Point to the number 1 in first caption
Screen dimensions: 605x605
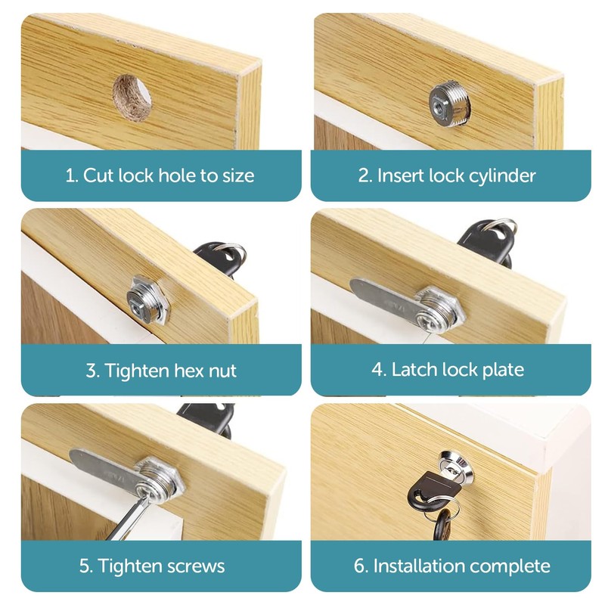tap(70, 176)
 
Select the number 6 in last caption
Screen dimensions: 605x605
tap(360, 566)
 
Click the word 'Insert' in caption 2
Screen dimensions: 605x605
tap(401, 176)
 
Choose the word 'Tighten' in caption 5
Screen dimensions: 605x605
tap(133, 566)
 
